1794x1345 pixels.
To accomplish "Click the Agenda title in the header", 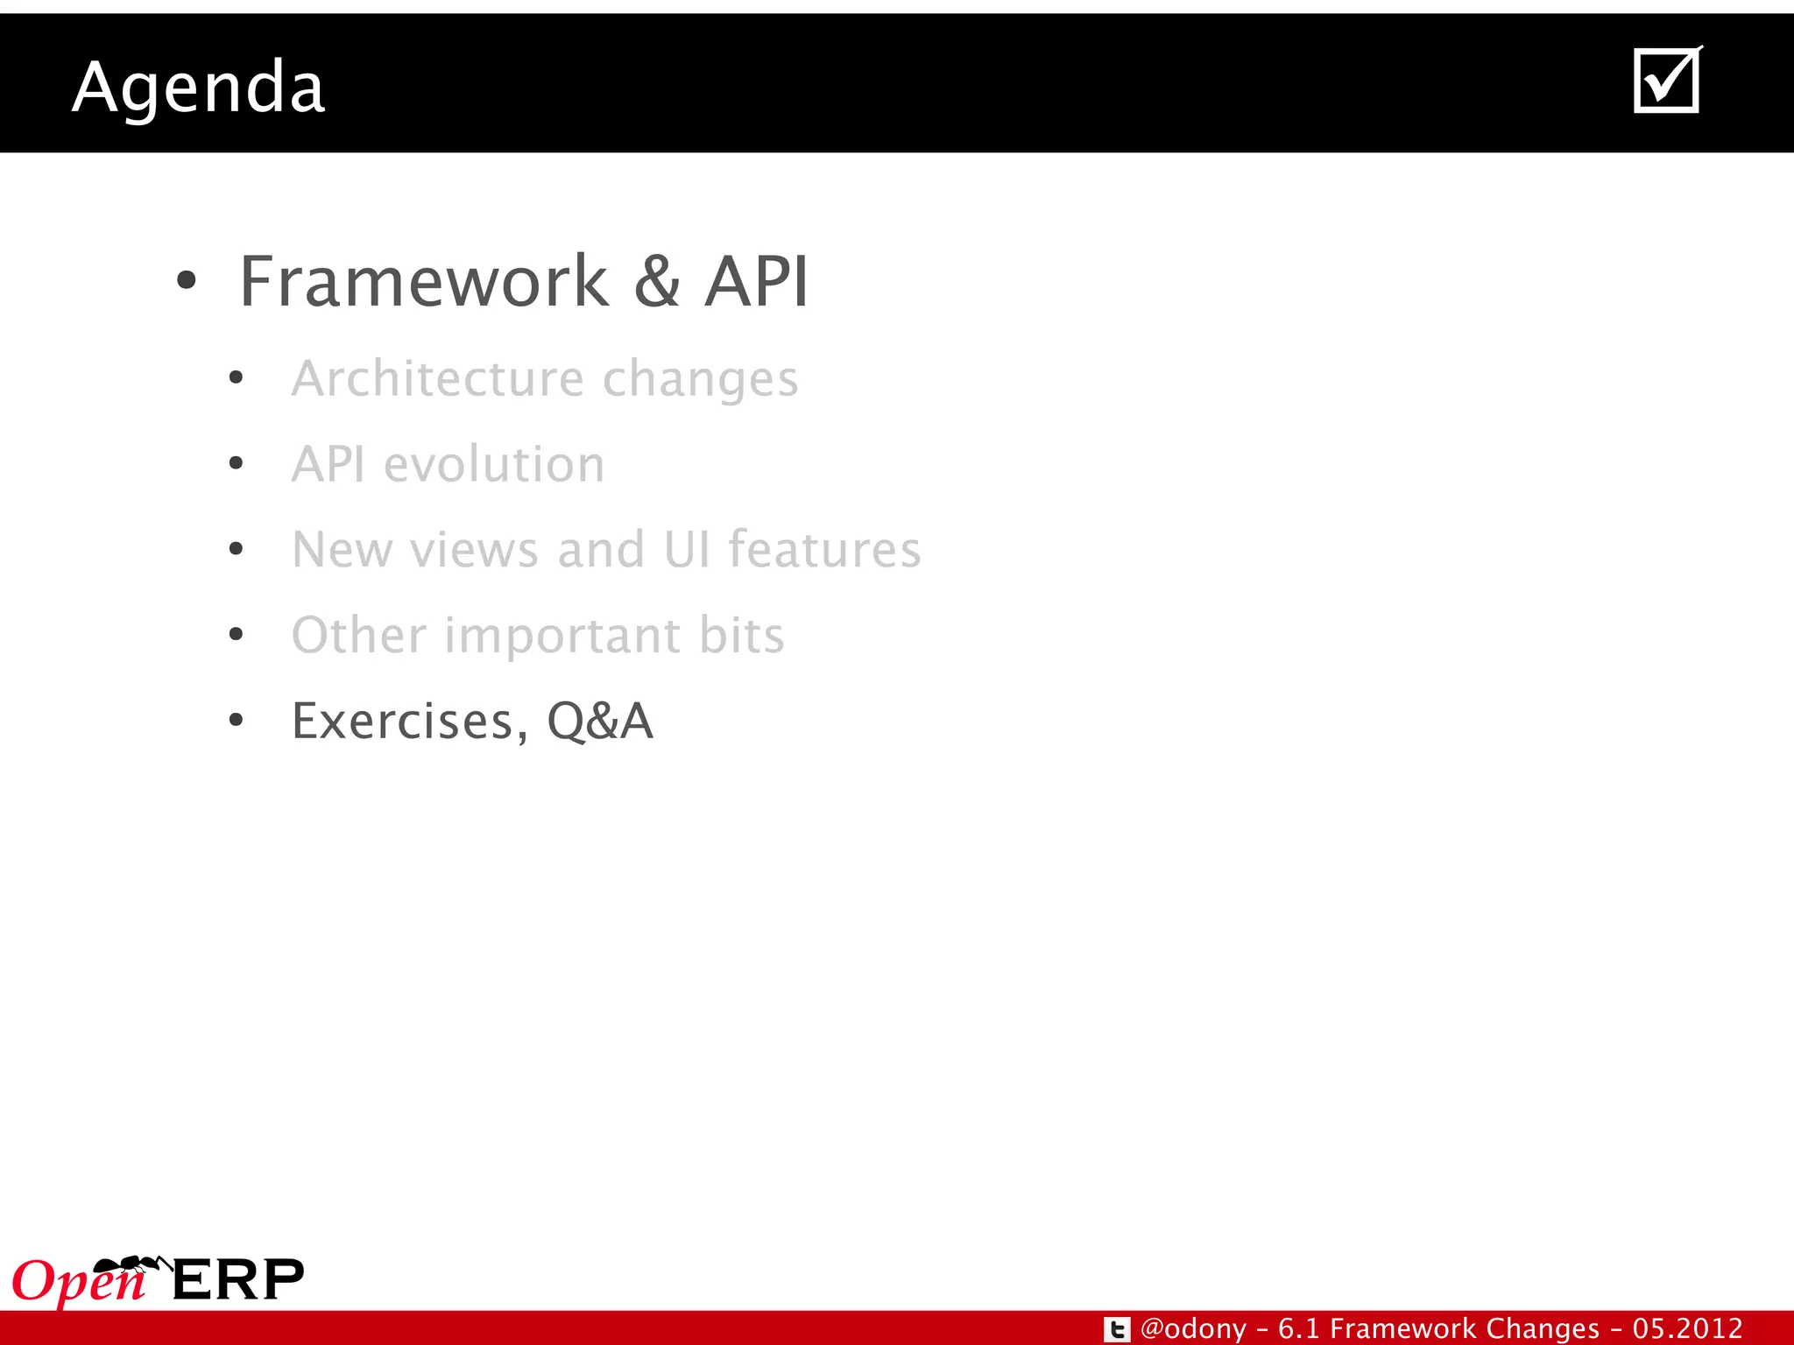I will pos(199,88).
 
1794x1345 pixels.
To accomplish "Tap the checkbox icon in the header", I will pos(1667,81).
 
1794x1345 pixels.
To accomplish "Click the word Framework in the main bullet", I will pos(424,282).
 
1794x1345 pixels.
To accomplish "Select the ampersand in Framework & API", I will pos(657,282).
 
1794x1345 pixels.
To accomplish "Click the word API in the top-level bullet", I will pos(757,282).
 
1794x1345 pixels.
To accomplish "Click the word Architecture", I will pos(437,378).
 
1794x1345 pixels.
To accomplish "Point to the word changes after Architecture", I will pos(700,380).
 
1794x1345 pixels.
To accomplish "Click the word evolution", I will pos(494,464).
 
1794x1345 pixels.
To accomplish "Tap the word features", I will pos(824,550).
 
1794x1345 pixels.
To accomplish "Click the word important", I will pos(562,636).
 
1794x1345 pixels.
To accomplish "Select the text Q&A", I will pos(600,722).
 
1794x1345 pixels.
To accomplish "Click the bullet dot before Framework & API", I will pos(186,282).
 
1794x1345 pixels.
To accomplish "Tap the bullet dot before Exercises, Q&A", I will pos(236,721).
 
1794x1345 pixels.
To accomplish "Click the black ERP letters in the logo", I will pos(237,1280).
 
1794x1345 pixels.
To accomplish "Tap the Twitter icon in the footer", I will pos(1116,1329).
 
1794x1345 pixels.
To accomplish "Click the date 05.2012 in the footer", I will pos(1687,1328).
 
